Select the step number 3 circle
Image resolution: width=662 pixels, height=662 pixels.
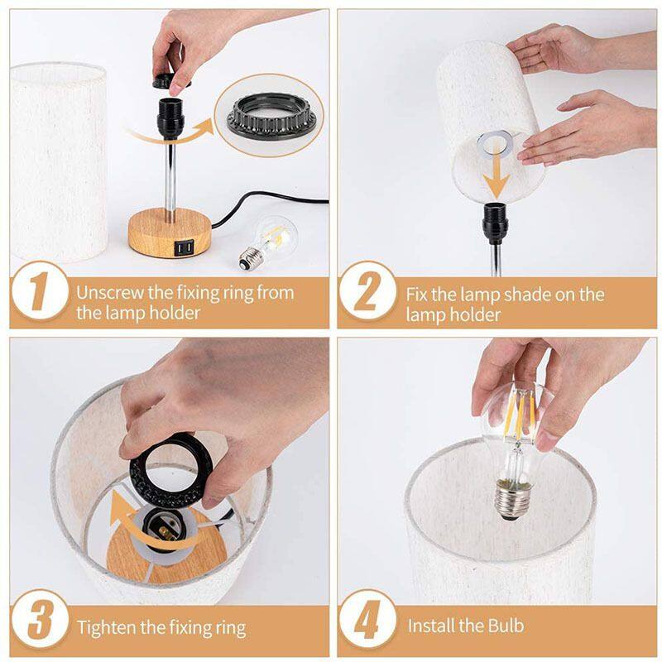(37, 620)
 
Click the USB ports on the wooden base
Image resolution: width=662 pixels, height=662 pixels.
(182, 247)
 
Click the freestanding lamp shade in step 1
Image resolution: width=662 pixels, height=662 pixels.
(58, 161)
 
